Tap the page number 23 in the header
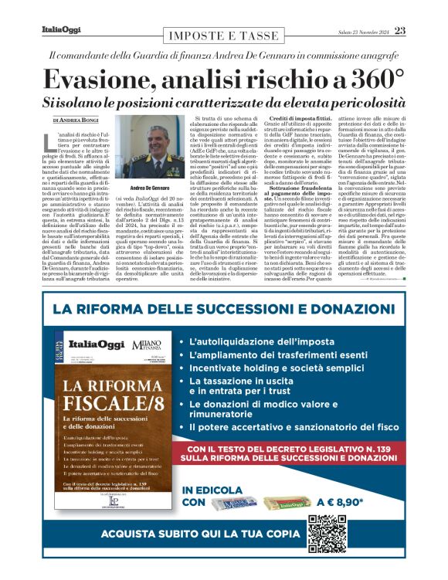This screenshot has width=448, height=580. tap(400, 30)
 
